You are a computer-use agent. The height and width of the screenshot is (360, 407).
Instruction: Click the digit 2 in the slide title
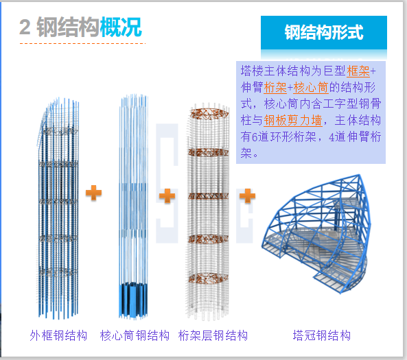[x=25, y=27]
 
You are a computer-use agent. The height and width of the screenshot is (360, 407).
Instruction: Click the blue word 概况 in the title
[x=121, y=27]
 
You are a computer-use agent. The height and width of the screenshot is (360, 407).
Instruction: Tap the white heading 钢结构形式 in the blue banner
[x=324, y=32]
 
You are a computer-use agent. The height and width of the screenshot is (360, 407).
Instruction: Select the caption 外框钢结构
[x=58, y=335]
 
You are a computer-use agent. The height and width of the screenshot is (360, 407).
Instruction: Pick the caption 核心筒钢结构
[x=135, y=335]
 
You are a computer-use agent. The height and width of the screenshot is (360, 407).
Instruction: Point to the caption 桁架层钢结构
[x=213, y=335]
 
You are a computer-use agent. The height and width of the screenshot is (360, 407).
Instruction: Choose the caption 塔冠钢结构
[x=322, y=335]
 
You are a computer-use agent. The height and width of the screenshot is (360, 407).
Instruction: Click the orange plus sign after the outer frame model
[x=94, y=193]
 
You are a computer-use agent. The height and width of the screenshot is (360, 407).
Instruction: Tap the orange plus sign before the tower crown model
[x=247, y=195]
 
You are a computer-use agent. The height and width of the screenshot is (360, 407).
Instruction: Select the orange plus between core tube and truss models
[x=167, y=195]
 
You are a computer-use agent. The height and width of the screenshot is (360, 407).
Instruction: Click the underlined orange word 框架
[x=358, y=71]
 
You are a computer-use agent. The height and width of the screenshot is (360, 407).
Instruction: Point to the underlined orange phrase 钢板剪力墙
[x=293, y=121]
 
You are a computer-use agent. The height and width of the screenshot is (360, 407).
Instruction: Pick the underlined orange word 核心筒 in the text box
[x=311, y=87]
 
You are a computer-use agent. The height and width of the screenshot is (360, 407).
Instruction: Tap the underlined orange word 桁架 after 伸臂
[x=275, y=87]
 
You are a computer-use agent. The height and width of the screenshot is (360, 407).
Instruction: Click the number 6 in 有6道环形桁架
[x=255, y=137]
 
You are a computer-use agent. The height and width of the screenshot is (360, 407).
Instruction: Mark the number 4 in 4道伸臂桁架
[x=332, y=137]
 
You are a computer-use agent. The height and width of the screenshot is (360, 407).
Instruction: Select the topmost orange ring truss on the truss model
[x=209, y=114]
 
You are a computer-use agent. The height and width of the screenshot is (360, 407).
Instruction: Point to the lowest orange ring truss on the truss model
[x=209, y=278]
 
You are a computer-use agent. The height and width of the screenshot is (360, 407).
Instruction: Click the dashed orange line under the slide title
[x=82, y=43]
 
